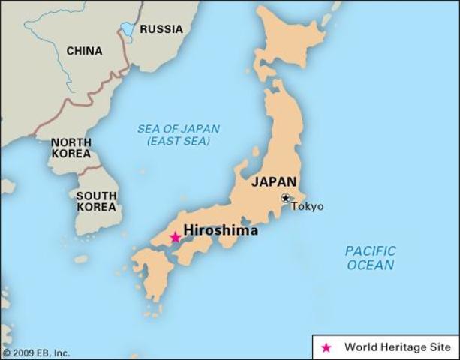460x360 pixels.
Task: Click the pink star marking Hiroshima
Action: point(176,237)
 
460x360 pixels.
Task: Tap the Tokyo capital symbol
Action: point(286,198)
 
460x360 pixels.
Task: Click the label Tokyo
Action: point(308,206)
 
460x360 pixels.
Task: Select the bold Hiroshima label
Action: point(221,230)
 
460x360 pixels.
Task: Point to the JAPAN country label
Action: point(274,181)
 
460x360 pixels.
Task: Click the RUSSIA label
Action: point(161,29)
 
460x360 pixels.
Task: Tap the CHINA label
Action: point(85,51)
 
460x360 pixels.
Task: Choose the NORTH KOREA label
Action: point(71,148)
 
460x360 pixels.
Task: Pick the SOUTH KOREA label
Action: point(96,202)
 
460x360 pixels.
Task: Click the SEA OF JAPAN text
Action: point(179,129)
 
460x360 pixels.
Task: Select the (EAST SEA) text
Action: point(179,141)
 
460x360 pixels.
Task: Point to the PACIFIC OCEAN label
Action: point(370,257)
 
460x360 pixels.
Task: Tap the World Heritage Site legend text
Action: point(397,347)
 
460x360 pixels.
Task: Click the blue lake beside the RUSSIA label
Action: point(128,30)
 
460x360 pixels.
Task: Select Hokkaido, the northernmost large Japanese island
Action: point(289,45)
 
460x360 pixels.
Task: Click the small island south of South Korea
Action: point(81,259)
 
